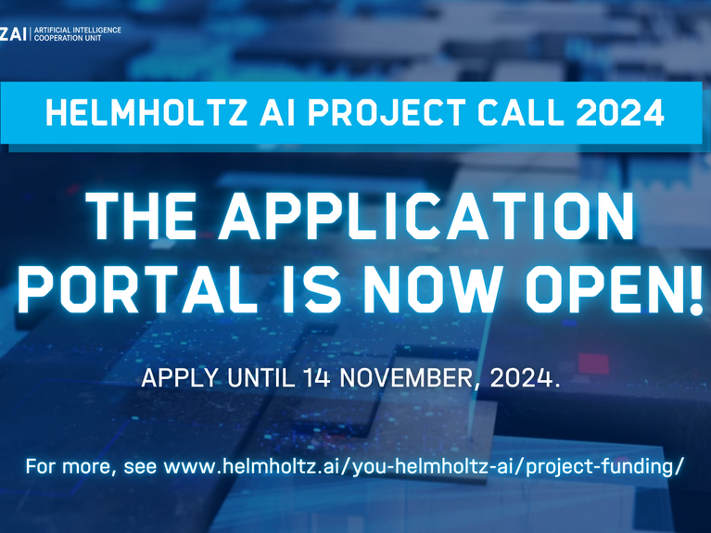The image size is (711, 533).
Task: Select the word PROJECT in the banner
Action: tap(387, 112)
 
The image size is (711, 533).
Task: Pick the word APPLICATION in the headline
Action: tap(425, 216)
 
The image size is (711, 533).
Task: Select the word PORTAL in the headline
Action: tap(133, 289)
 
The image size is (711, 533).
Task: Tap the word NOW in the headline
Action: tap(435, 289)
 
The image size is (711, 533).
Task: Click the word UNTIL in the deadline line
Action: tap(260, 378)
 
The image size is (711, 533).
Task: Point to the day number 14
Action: tap(316, 378)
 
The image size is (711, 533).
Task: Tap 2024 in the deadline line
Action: tap(521, 378)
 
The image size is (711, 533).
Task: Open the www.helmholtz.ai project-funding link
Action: tap(422, 467)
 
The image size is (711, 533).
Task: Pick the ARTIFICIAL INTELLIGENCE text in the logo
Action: tap(78, 30)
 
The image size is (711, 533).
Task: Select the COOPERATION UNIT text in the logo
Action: tap(68, 38)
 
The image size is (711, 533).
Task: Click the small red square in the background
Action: tap(593, 363)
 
